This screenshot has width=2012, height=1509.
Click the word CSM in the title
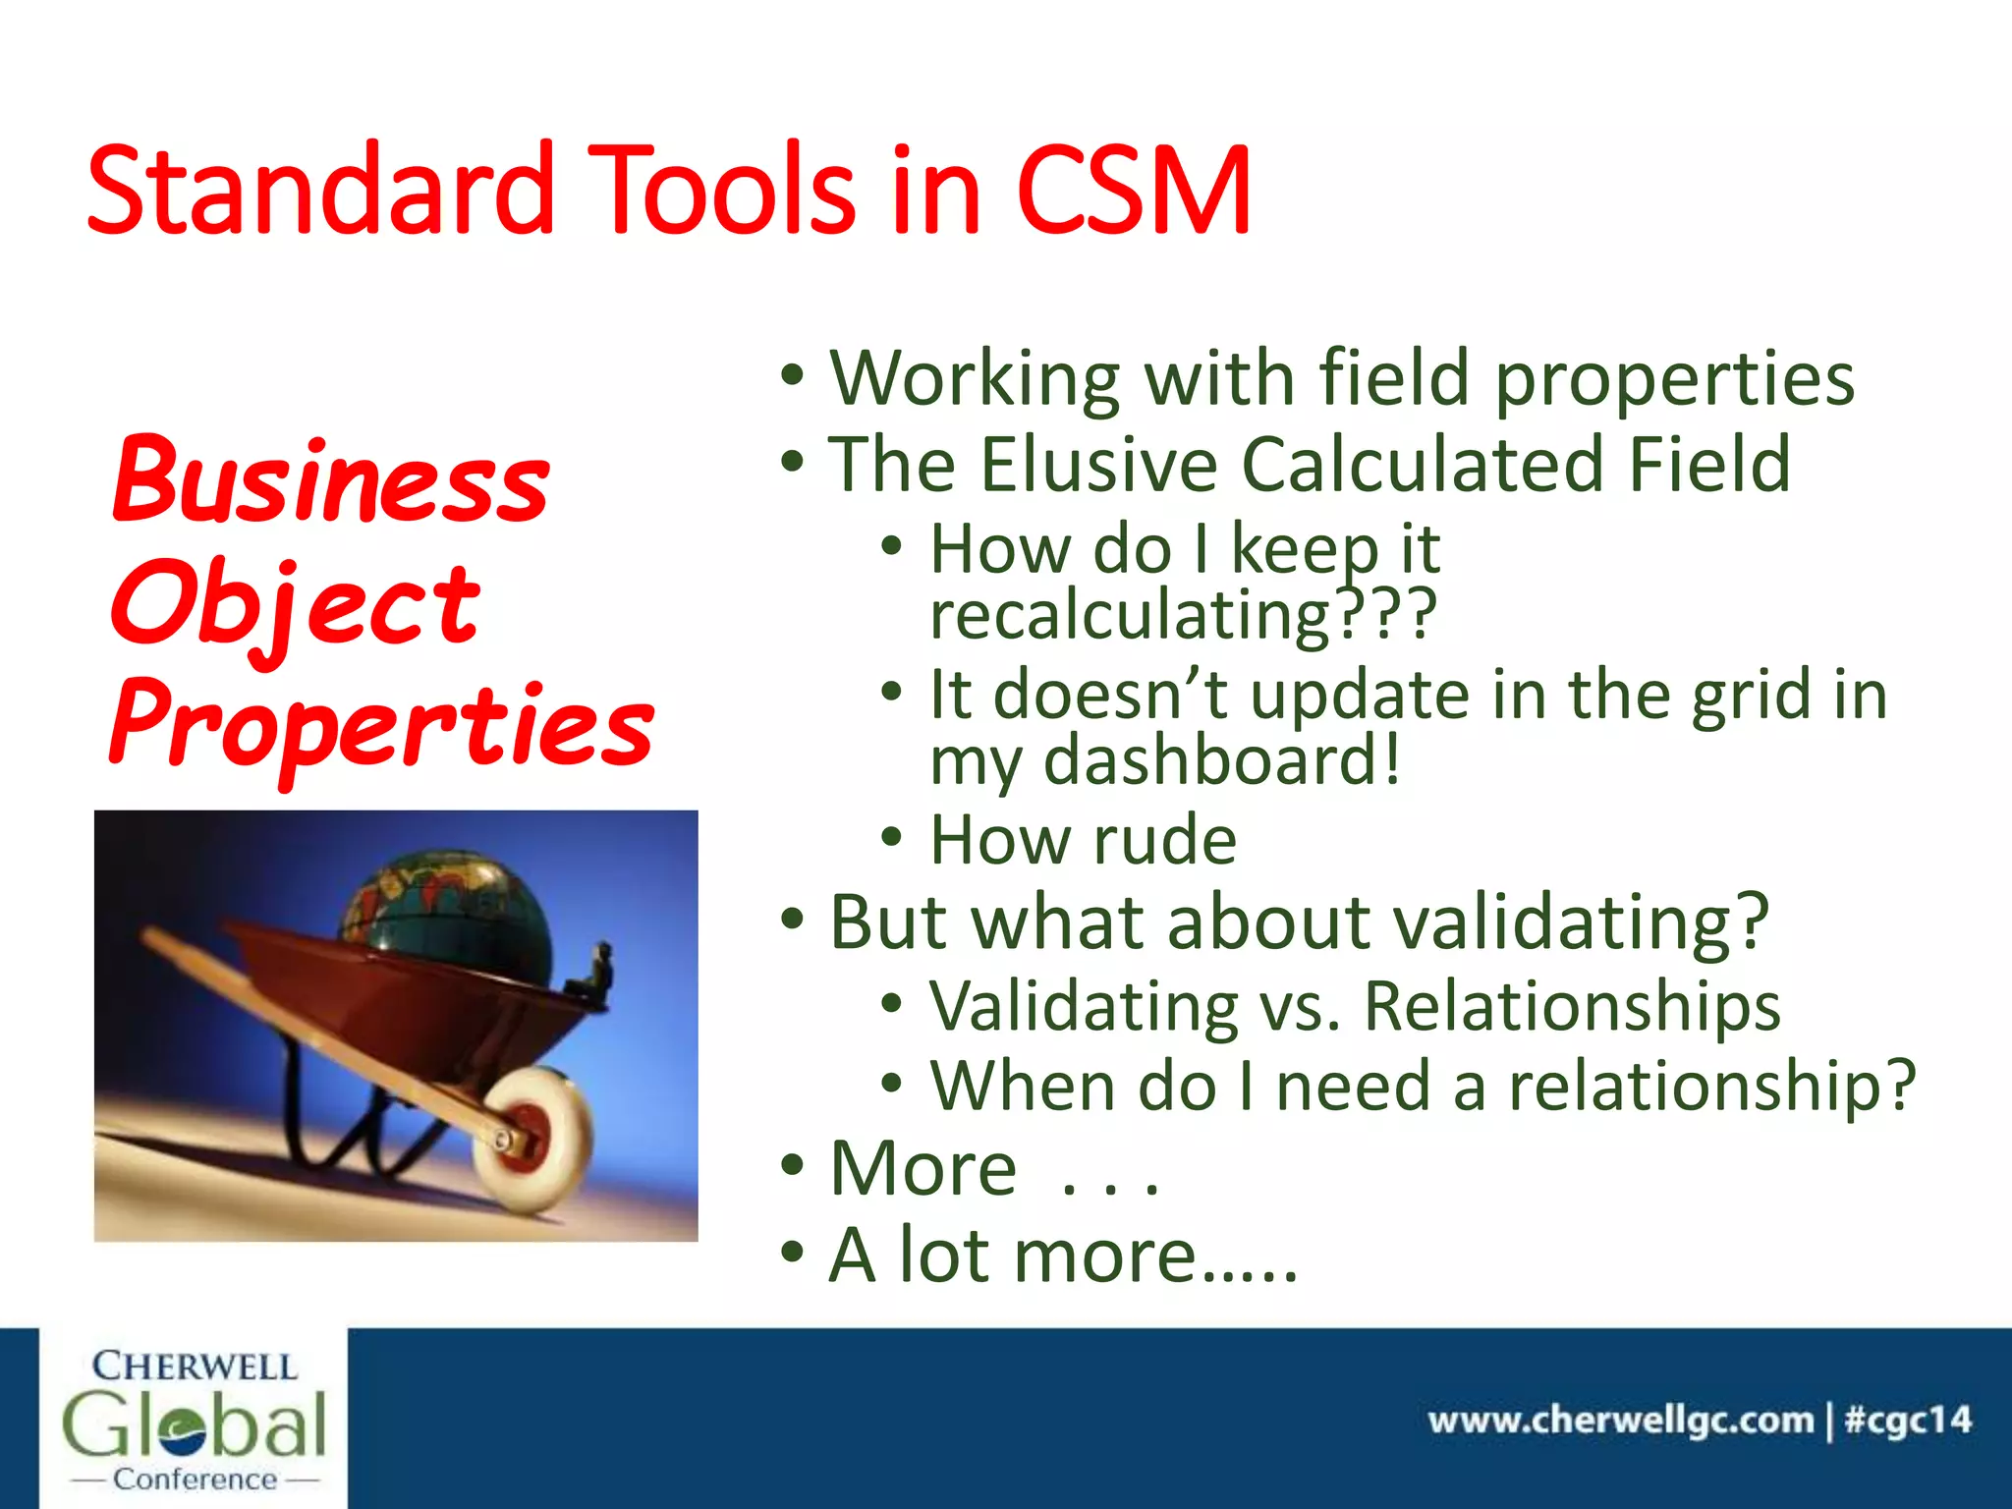(1135, 192)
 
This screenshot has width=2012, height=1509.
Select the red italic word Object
(295, 604)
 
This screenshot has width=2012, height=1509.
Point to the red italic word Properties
(381, 727)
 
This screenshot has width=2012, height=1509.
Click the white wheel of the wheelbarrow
(533, 1140)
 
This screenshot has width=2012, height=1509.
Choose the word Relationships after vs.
(1572, 1007)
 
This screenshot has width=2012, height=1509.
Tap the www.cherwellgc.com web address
(1620, 1421)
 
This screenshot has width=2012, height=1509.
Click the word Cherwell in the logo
(195, 1367)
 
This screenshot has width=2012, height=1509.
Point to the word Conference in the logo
(195, 1480)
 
